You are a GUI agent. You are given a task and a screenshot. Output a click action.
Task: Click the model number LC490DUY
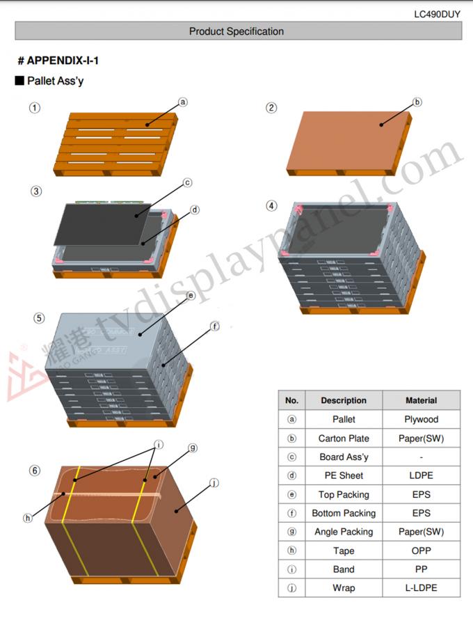click(437, 14)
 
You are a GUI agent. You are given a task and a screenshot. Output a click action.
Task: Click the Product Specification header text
click(236, 31)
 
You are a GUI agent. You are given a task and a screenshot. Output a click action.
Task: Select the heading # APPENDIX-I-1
click(58, 61)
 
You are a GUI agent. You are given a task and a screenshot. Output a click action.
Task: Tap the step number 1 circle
click(35, 108)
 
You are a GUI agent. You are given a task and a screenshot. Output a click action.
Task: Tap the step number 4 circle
click(271, 206)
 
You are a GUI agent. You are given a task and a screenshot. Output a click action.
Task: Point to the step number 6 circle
click(35, 471)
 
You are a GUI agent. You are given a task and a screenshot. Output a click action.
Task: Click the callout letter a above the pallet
click(183, 102)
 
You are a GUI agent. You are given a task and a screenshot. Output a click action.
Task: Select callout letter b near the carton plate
click(417, 102)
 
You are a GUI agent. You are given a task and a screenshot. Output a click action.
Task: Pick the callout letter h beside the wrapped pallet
click(28, 518)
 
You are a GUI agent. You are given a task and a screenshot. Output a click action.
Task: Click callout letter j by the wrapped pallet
click(214, 483)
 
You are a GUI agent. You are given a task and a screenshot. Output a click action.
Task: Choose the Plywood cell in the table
click(421, 420)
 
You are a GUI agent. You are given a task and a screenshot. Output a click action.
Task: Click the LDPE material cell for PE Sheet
click(421, 476)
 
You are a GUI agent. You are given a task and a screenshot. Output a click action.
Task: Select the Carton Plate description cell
click(344, 439)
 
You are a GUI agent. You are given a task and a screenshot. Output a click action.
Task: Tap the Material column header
click(421, 400)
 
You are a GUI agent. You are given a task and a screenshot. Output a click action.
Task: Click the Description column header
click(344, 400)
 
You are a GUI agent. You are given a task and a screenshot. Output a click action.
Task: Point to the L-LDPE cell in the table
click(421, 588)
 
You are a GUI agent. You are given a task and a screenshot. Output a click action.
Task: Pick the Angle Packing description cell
click(344, 532)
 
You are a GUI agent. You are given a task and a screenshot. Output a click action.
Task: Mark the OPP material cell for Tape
click(421, 551)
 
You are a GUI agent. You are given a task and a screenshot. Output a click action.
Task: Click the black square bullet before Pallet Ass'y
click(19, 81)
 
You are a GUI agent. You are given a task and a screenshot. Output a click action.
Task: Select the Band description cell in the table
click(344, 569)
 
